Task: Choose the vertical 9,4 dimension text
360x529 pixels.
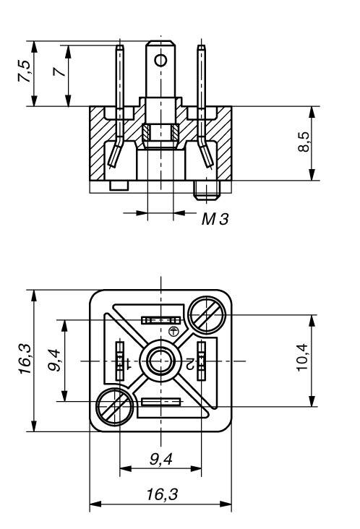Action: [53, 360]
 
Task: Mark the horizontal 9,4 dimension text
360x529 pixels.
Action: [160, 458]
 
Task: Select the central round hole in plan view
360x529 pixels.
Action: [160, 360]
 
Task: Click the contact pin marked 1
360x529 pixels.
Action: [120, 360]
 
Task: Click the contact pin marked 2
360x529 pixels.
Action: [202, 360]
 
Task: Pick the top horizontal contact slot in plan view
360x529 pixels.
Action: [160, 319]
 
